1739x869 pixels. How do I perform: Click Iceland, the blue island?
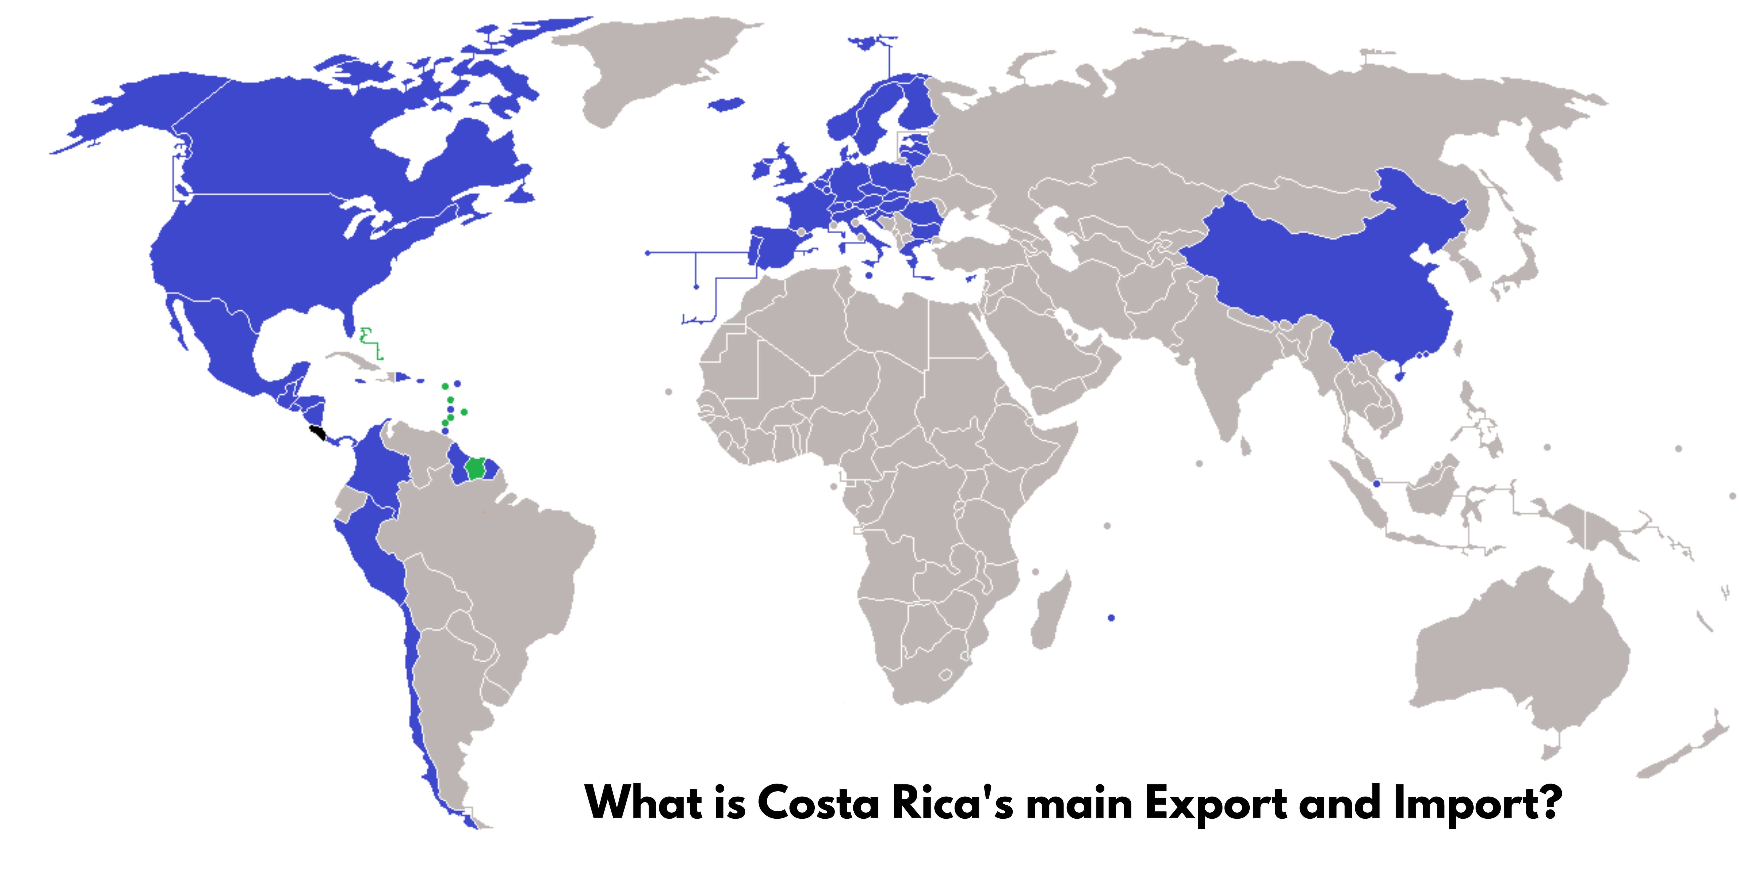[727, 105]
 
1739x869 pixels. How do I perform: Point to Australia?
[1519, 661]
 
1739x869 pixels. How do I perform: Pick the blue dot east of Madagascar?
[1111, 617]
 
